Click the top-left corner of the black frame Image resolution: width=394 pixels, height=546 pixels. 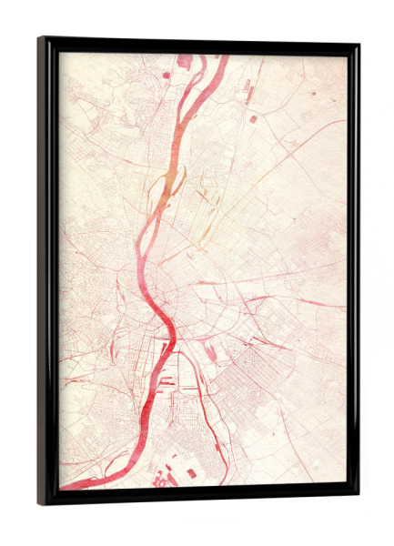[39, 38]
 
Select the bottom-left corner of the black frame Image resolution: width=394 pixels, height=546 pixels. [39, 504]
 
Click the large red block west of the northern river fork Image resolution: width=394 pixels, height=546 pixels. [184, 61]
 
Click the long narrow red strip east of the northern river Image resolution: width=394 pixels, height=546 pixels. [246, 88]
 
